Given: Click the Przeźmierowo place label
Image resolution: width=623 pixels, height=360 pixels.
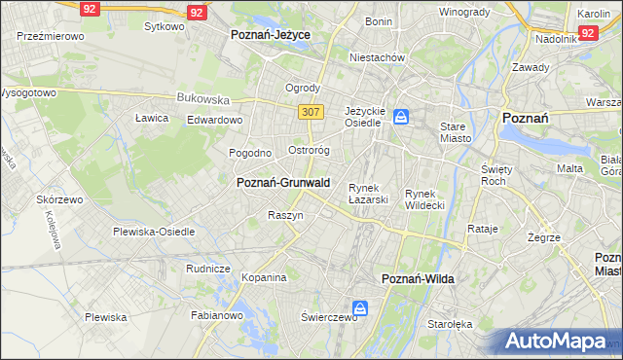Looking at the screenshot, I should pyautogui.click(x=50, y=35).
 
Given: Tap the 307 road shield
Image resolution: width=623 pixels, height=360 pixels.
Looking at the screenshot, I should pyautogui.click(x=311, y=112).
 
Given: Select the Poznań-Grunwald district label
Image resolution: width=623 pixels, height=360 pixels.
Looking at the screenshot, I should pyautogui.click(x=283, y=182).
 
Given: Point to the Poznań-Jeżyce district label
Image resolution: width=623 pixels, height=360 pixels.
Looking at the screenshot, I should pyautogui.click(x=270, y=34).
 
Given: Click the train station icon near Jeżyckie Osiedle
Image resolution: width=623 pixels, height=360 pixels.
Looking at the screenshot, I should pyautogui.click(x=401, y=118).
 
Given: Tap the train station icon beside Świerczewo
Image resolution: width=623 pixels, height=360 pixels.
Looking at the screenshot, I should pyautogui.click(x=360, y=308).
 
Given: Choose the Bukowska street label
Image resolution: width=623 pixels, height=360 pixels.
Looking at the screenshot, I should pyautogui.click(x=202, y=98).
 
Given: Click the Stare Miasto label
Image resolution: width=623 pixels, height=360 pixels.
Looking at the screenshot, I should pyautogui.click(x=455, y=132).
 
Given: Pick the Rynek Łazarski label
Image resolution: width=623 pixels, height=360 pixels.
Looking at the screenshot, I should pyautogui.click(x=369, y=194).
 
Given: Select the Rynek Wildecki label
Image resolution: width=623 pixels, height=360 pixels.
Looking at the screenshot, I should pyautogui.click(x=424, y=199).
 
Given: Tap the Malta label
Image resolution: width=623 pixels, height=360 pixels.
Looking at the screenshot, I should pyautogui.click(x=569, y=168).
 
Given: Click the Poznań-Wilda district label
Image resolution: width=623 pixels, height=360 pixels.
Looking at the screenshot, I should pyautogui.click(x=418, y=278).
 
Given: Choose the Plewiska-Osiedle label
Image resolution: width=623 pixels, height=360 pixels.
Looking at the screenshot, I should pyautogui.click(x=154, y=232).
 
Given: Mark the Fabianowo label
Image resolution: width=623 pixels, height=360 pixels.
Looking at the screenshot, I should pyautogui.click(x=217, y=315).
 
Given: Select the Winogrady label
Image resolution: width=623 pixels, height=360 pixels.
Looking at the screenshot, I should pyautogui.click(x=463, y=12).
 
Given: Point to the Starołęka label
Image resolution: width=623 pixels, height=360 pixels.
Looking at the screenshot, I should pyautogui.click(x=452, y=324).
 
